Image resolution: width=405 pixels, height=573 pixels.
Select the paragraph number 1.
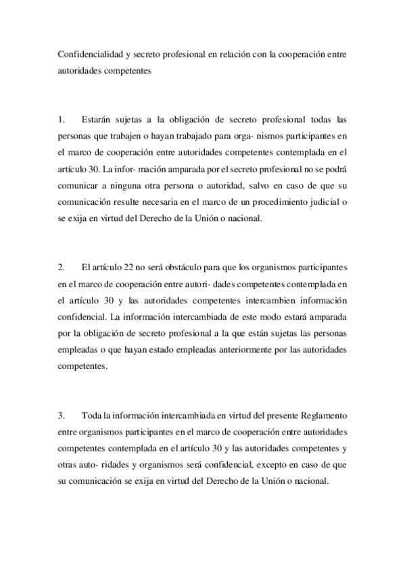point(60,120)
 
